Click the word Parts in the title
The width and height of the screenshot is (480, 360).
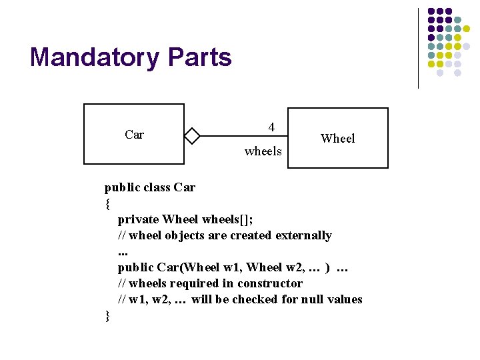pos(199,57)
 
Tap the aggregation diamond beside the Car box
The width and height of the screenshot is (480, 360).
pos(192,136)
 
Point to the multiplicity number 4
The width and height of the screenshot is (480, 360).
pos(271,127)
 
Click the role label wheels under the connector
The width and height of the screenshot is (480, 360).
pos(263,151)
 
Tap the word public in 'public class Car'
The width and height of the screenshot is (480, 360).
pos(122,187)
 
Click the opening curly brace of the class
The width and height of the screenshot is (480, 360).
pos(107,203)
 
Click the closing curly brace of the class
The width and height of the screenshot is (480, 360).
pos(107,315)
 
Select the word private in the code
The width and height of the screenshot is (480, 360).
pos(138,219)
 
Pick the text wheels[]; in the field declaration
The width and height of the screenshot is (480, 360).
pos(227,219)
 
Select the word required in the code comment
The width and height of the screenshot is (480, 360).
pos(197,283)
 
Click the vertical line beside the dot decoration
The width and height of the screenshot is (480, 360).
pos(418,48)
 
